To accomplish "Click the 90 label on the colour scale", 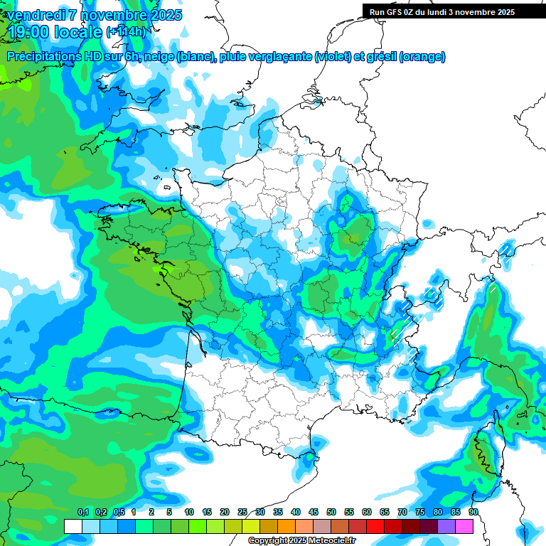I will click(473, 512).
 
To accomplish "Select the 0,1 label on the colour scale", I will click(82, 512).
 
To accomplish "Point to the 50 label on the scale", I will click(331, 512).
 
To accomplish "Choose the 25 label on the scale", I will click(242, 512).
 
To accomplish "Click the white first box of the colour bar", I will click(73, 526).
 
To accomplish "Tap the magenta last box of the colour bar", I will click(464, 526).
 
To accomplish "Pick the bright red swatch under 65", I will click(375, 526).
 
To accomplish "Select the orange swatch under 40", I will click(287, 526).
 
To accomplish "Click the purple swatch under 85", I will click(446, 526).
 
